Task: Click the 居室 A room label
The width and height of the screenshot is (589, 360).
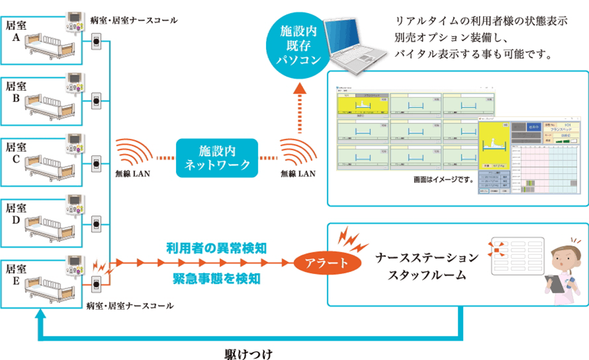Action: [15, 31]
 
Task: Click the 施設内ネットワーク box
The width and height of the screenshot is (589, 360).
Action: [218, 157]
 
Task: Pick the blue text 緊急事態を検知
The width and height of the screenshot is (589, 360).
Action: [216, 278]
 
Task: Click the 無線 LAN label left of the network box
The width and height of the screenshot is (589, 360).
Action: [132, 174]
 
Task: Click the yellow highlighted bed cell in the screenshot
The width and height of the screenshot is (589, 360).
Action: [356, 106]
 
